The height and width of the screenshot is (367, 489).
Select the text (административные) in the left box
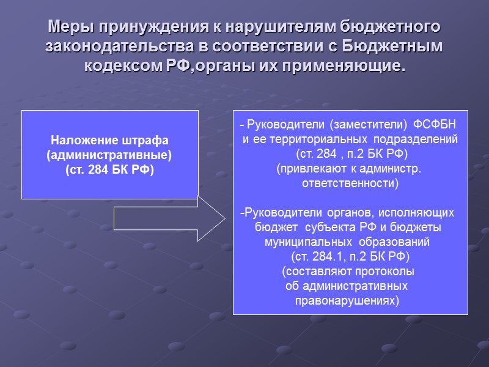(x=110, y=155)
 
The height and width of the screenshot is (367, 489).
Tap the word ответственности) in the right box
(x=351, y=183)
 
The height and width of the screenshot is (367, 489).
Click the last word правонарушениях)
(x=347, y=300)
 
